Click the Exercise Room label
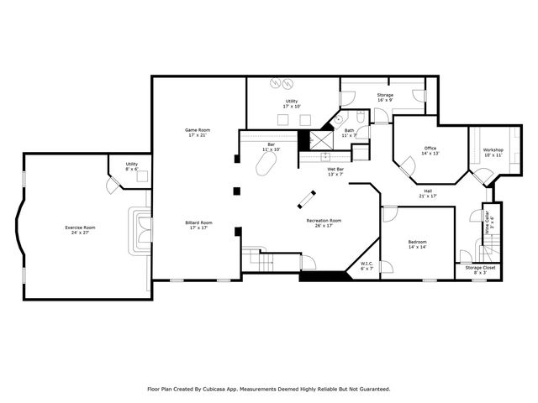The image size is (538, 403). [81, 229]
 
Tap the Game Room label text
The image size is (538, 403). [198, 132]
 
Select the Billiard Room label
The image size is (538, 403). [198, 225]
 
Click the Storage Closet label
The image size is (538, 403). [480, 270]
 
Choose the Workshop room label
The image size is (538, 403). [493, 153]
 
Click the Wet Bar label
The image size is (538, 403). [335, 171]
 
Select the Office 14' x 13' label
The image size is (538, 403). [430, 150]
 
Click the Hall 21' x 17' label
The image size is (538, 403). [428, 193]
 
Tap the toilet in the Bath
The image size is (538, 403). [358, 119]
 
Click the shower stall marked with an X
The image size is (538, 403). [321, 139]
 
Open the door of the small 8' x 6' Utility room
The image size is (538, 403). [113, 184]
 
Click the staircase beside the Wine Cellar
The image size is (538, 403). [488, 249]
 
